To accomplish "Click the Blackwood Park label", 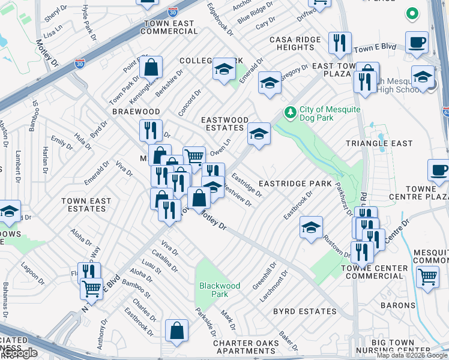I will tap(220, 290).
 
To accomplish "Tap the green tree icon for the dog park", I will tap(291, 112).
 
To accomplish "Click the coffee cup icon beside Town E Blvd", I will tap(417, 43).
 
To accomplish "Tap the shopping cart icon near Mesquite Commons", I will tap(427, 277).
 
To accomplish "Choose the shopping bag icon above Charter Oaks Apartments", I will tap(177, 331).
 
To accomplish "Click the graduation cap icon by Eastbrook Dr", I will tap(311, 227).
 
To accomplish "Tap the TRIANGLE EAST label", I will tap(379, 143).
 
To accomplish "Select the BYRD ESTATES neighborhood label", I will tap(304, 311).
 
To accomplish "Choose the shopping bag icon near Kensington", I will tap(151, 68).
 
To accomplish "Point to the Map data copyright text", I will tap(412, 355).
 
